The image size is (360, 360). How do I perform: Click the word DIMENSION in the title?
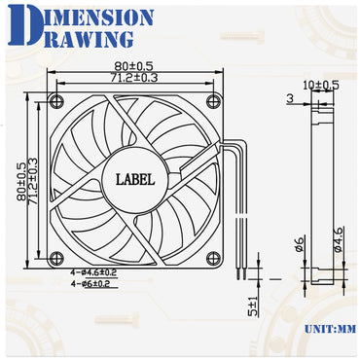(x=87, y=18)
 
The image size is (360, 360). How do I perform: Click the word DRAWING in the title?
(x=76, y=39)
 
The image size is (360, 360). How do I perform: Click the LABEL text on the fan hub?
(x=136, y=178)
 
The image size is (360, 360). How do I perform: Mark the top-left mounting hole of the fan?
(x=56, y=101)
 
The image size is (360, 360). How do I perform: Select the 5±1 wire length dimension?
(x=251, y=308)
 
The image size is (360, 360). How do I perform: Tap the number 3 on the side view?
(x=289, y=98)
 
